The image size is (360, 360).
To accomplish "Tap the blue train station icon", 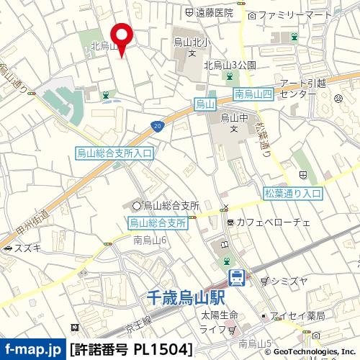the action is [236, 276].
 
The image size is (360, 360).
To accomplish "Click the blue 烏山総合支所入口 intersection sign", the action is [114, 153].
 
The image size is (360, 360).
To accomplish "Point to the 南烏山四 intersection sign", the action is [252, 94].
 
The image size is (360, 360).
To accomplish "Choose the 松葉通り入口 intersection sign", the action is [292, 193].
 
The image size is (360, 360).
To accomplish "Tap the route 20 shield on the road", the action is [157, 127].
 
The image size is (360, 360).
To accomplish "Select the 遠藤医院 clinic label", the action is [214, 13].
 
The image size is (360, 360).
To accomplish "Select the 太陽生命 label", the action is [215, 316].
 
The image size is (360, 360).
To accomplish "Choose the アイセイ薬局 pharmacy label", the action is [302, 316].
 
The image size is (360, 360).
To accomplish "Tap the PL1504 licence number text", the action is [163, 351].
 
